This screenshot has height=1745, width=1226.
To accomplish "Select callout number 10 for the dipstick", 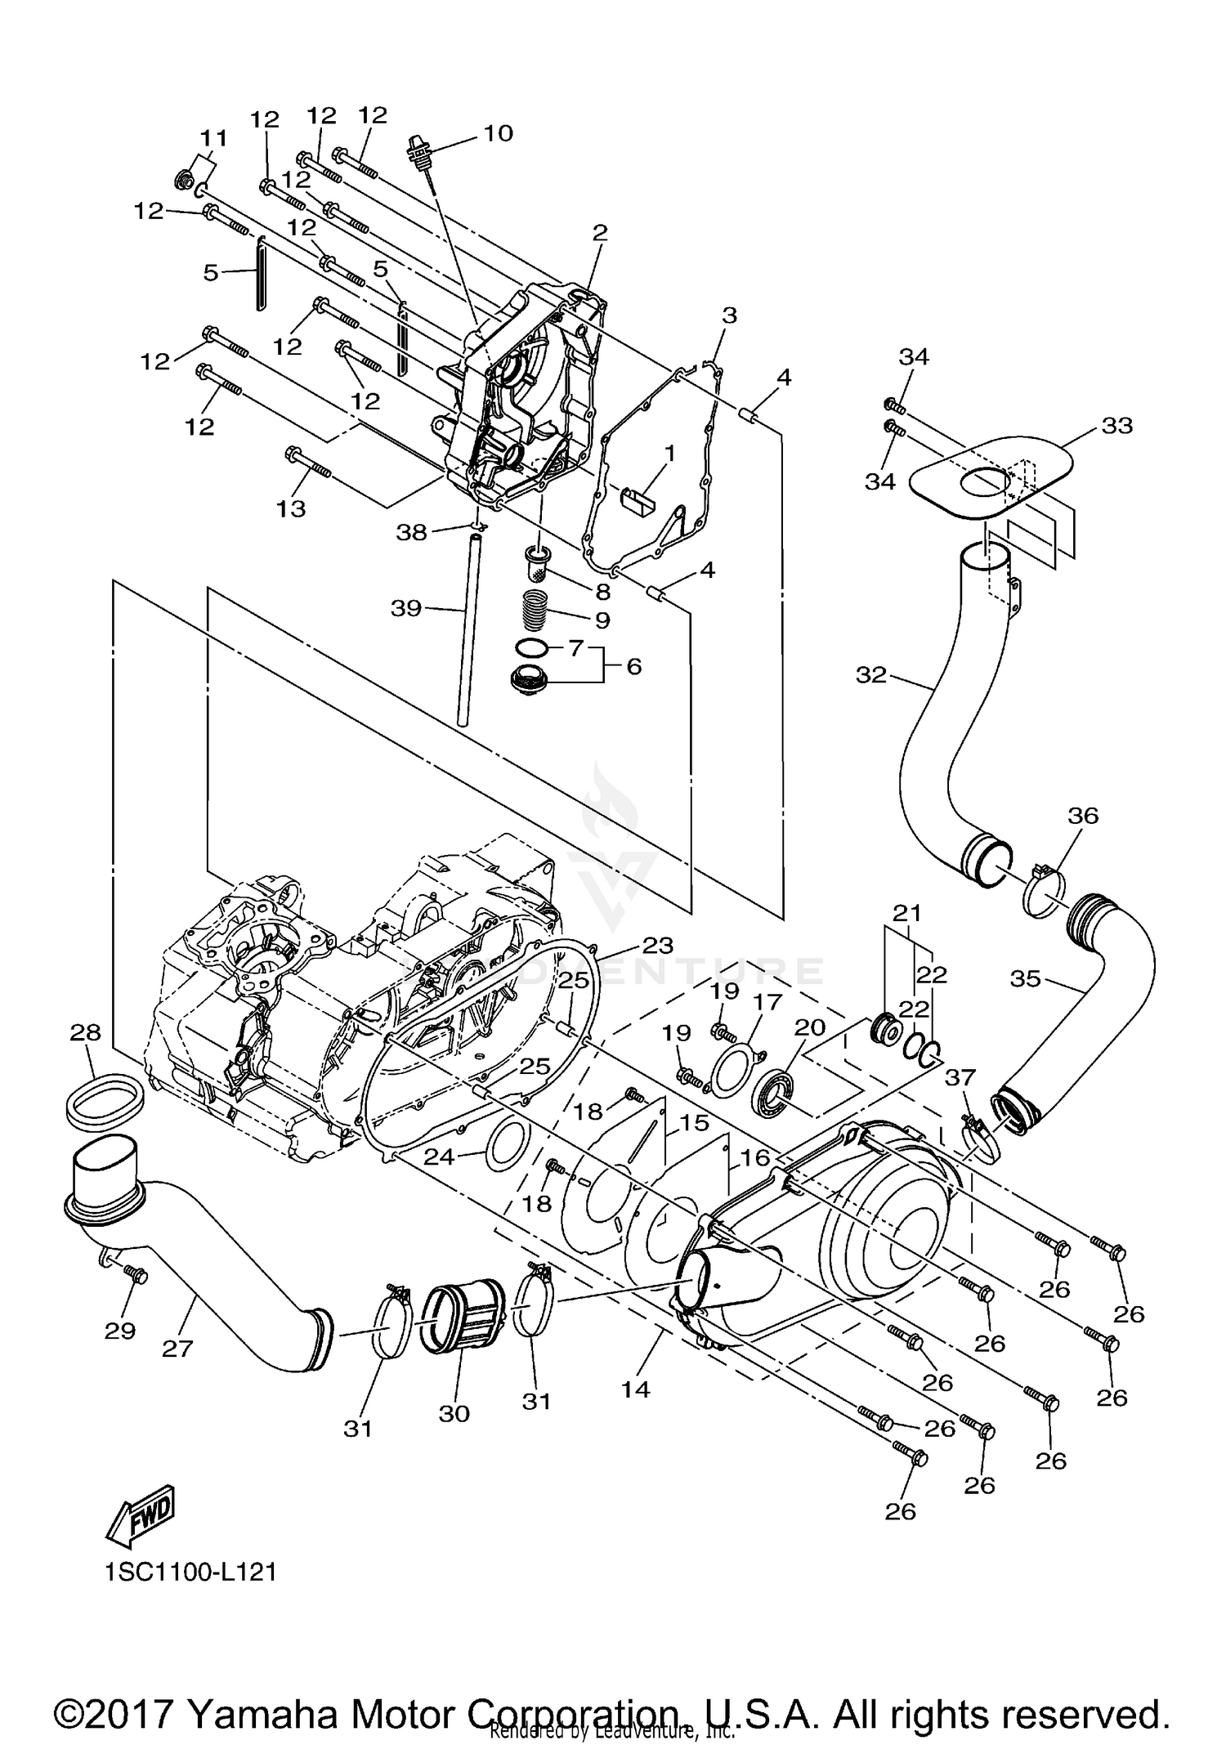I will pos(498,133).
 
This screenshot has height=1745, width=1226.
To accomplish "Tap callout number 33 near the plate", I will pos(1116,426).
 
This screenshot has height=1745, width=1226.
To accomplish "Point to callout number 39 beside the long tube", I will pos(405,608).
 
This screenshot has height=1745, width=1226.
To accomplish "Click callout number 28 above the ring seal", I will pos(86,1033).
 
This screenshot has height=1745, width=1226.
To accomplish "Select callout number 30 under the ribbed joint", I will pos(454,1413).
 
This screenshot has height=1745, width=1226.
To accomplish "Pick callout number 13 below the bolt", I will pos(291,508).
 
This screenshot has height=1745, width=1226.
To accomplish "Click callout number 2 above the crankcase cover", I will pos(600,233).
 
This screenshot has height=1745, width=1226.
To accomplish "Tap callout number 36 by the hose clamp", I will pos(1083,816).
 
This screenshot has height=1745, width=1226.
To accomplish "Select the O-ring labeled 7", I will pos(531,648).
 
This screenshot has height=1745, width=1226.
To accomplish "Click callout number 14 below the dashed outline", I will pos(635,1389).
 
